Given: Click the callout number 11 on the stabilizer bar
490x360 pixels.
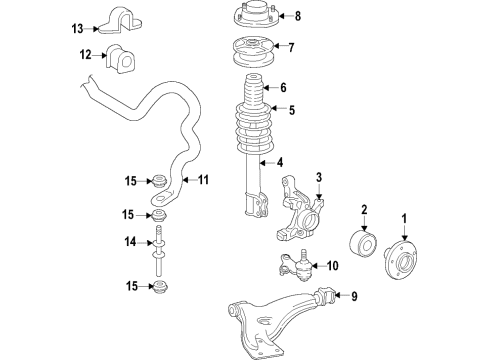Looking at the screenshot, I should pyautogui.click(x=202, y=180).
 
